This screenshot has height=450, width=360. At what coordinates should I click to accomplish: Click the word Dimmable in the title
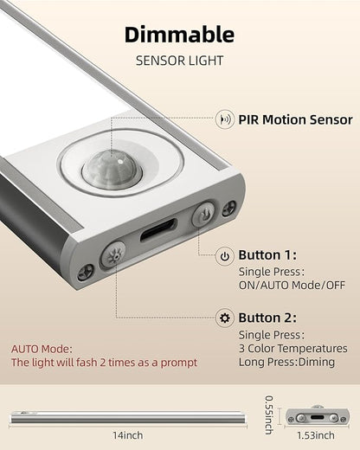click(179, 35)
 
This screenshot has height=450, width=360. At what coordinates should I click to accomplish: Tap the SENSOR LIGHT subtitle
click(179, 61)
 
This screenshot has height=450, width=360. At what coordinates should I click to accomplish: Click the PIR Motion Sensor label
click(295, 119)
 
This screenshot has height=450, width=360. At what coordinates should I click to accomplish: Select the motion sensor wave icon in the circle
click(225, 119)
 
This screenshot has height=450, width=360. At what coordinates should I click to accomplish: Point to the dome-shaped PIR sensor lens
click(112, 170)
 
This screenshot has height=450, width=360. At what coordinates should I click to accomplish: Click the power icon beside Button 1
click(225, 256)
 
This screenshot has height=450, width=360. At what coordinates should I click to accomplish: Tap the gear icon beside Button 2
click(225, 318)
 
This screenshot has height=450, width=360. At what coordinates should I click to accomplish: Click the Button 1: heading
click(267, 255)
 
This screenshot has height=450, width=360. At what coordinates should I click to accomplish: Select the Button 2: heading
click(267, 318)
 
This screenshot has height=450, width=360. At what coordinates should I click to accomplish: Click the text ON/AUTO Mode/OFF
click(292, 286)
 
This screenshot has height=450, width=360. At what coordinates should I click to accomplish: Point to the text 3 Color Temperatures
click(292, 349)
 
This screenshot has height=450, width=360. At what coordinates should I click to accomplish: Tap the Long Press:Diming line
click(286, 362)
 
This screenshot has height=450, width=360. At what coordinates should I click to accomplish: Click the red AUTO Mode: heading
click(42, 349)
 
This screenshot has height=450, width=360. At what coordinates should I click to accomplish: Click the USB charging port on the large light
click(158, 230)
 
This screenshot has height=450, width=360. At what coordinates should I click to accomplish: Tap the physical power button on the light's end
click(203, 214)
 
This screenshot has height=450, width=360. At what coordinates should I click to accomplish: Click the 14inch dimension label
click(128, 435)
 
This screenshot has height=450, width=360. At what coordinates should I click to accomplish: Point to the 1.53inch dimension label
click(316, 435)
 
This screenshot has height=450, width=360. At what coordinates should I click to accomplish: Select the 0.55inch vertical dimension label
click(269, 415)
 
